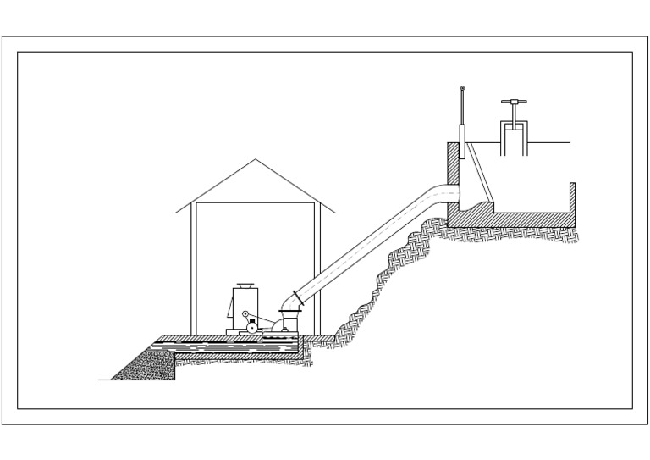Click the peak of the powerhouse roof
(x=256, y=160)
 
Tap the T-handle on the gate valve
(x=513, y=103)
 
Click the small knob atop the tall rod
(x=462, y=89)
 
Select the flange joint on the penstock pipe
(x=297, y=297)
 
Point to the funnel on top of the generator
(x=245, y=285)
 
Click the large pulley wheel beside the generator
(x=252, y=326)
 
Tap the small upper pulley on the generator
(x=245, y=315)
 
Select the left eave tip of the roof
(x=176, y=213)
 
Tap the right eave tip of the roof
(x=335, y=213)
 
